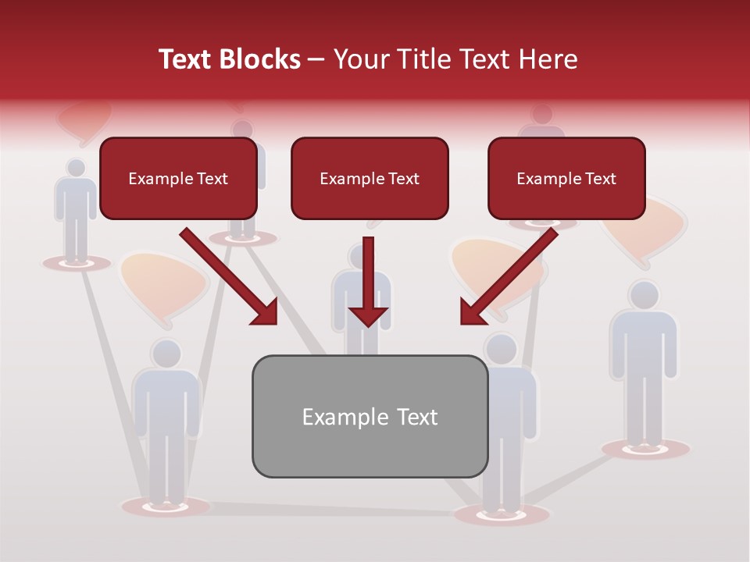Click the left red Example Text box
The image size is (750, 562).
coord(178,179)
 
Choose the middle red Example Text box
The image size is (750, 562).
coord(370,179)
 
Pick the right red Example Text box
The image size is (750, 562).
coord(566,179)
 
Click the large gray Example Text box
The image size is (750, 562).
coord(370,417)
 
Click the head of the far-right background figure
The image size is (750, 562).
coord(644,296)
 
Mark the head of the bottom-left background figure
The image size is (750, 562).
coord(166,354)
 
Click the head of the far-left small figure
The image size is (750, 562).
coord(76,168)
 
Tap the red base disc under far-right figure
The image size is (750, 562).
coord(646,449)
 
